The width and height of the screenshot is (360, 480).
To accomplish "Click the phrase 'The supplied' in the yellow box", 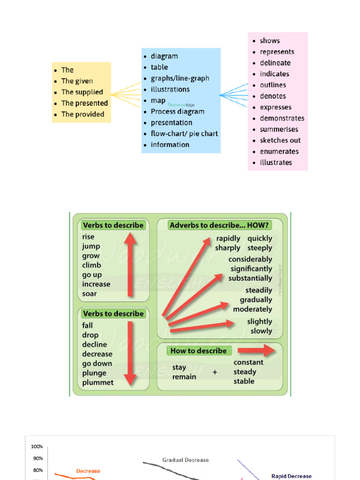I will click(x=82, y=92).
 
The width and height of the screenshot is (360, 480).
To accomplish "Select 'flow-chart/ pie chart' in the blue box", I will click(x=184, y=134).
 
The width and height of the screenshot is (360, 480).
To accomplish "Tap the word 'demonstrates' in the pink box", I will click(x=282, y=119).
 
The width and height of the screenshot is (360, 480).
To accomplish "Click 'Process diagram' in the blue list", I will click(x=177, y=112).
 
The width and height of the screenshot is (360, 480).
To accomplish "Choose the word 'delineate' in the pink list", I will click(x=275, y=63).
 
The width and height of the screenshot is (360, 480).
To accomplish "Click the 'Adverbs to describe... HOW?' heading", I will click(x=219, y=225).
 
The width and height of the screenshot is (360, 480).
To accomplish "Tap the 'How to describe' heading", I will click(x=198, y=351).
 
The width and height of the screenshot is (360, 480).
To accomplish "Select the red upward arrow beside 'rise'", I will click(x=131, y=265).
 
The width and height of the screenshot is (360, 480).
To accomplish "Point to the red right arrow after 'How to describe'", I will click(x=256, y=351).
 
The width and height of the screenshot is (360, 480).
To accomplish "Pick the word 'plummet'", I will click(x=98, y=382).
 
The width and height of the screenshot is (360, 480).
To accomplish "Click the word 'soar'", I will click(x=90, y=294).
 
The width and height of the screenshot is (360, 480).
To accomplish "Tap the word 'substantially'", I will click(x=250, y=278).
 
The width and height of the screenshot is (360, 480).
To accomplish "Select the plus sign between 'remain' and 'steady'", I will click(x=215, y=372).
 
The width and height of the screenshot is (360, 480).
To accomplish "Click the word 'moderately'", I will click(x=252, y=309).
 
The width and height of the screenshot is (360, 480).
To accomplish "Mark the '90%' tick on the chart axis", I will click(x=37, y=458).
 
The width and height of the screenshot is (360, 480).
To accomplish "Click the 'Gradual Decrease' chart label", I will click(x=186, y=460).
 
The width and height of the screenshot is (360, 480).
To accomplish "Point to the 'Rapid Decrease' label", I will click(x=291, y=476).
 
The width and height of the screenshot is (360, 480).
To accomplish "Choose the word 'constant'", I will click(x=248, y=362).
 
